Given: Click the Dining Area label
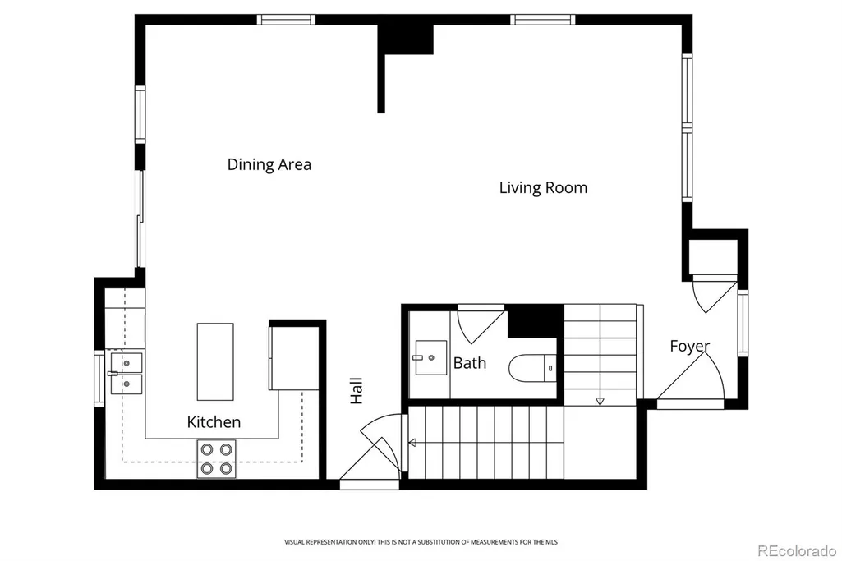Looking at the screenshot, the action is click(x=269, y=164).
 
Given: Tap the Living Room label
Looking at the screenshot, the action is click(x=543, y=188).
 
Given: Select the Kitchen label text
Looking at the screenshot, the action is click(x=214, y=422).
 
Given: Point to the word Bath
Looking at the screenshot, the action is click(x=470, y=363).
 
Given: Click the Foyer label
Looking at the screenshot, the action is click(x=689, y=347).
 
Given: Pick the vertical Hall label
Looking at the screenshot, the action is click(x=356, y=390).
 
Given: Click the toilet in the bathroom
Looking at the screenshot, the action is click(x=532, y=368).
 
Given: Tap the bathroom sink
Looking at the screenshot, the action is click(x=430, y=357).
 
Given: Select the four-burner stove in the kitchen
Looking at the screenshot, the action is click(x=216, y=458).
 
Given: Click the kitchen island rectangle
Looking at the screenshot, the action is click(x=215, y=361).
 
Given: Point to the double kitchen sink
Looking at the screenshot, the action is click(x=127, y=373).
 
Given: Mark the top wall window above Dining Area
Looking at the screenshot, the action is click(x=286, y=20).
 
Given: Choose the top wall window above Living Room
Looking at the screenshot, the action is click(x=542, y=20).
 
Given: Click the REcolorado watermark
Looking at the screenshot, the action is click(x=797, y=551).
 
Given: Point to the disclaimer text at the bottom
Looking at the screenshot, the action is click(x=421, y=542).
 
